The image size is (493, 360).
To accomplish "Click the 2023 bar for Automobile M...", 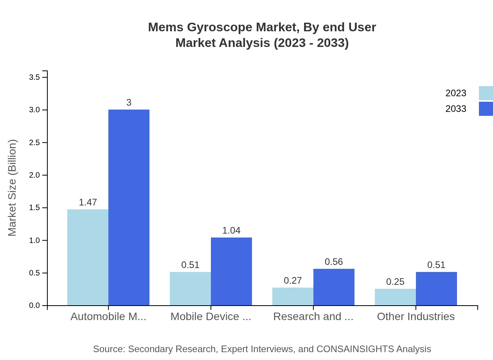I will (88, 257).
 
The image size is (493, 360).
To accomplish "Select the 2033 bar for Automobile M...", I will (129, 207).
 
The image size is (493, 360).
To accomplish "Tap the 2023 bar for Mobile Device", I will (190, 288).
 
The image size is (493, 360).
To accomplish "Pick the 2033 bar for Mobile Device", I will (231, 271).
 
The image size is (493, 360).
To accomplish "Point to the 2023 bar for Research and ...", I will (293, 296).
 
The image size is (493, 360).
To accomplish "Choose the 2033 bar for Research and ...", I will (334, 287).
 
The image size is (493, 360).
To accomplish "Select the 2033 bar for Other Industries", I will (436, 288).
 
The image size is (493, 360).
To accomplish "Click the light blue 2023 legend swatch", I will (486, 93).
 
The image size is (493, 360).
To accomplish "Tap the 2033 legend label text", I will (456, 109).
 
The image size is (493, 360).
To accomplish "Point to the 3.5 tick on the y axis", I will (35, 77).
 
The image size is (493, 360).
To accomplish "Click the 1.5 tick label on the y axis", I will (35, 208).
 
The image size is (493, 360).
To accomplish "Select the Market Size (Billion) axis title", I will (13, 188).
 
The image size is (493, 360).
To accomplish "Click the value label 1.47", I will (88, 202).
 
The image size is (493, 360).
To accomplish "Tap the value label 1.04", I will (231, 230).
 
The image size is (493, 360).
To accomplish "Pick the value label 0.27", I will (293, 281).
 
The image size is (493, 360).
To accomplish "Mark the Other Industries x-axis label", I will (416, 316).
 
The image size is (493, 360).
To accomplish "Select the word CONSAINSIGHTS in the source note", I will (354, 349).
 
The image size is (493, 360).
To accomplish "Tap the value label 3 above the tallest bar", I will (129, 103).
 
